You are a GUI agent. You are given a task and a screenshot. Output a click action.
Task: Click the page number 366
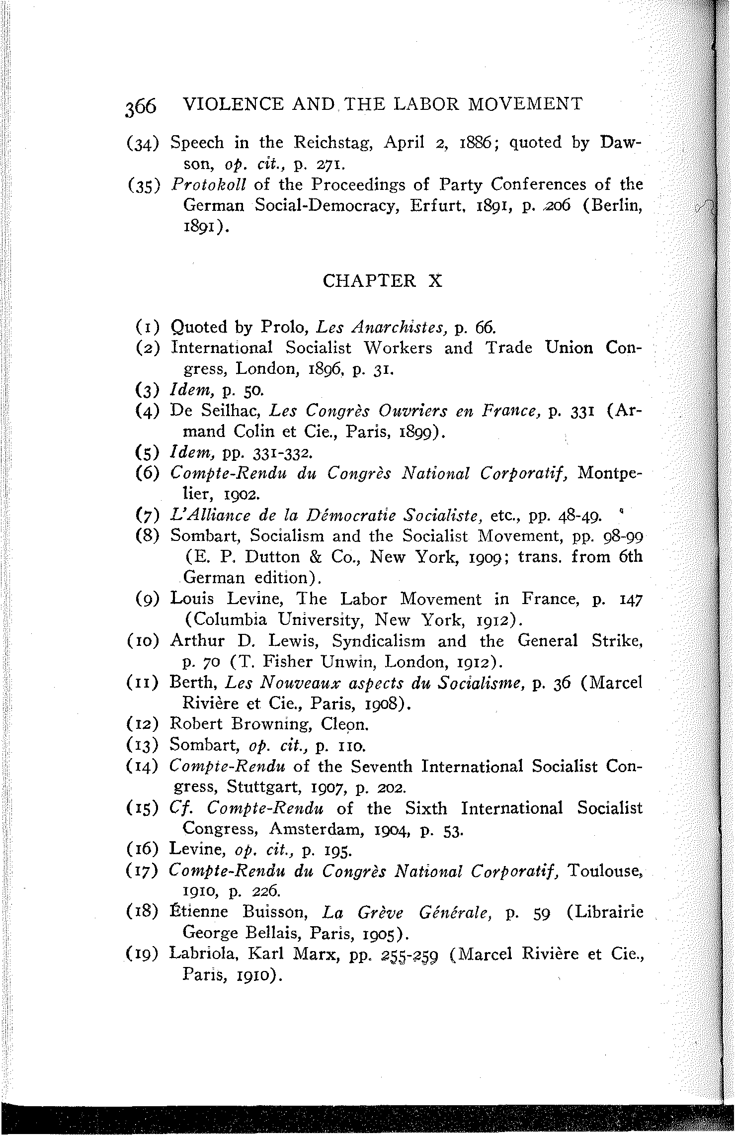tap(141, 106)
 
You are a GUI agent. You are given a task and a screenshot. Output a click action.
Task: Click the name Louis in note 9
tap(191, 599)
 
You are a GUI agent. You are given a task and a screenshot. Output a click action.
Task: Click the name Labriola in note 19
tap(202, 954)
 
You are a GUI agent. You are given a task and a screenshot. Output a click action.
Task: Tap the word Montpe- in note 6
tap(611, 474)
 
